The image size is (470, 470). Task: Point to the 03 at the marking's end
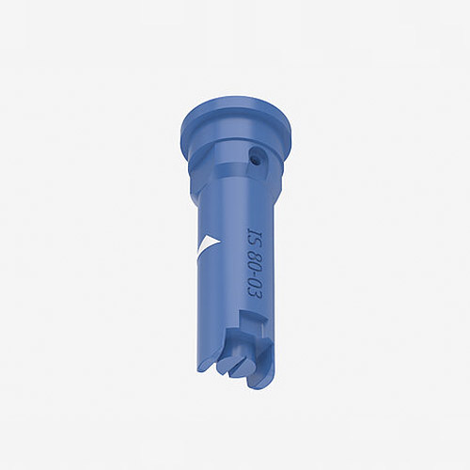click(x=257, y=290)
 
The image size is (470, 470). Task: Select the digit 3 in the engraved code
click(x=257, y=294)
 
